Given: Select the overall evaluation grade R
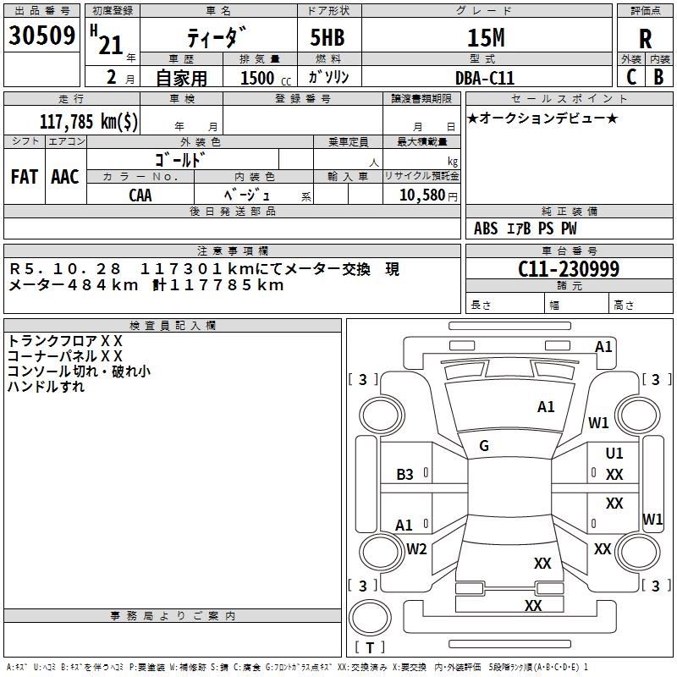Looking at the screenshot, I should [x=645, y=38].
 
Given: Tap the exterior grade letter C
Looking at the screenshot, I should [x=630, y=76].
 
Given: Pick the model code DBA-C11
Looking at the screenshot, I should [x=484, y=77].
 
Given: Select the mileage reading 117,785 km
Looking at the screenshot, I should [x=89, y=121].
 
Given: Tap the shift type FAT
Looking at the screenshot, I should [x=24, y=177].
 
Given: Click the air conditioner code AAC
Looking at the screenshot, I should [x=65, y=177].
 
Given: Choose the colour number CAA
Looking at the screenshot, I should [x=140, y=195].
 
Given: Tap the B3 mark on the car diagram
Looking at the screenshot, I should [x=405, y=475].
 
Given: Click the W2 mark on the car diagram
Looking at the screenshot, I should [x=416, y=549].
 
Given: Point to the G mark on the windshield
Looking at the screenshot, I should [x=484, y=446].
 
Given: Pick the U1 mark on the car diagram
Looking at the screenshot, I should [x=614, y=454].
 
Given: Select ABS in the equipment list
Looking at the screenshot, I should [x=486, y=228].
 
